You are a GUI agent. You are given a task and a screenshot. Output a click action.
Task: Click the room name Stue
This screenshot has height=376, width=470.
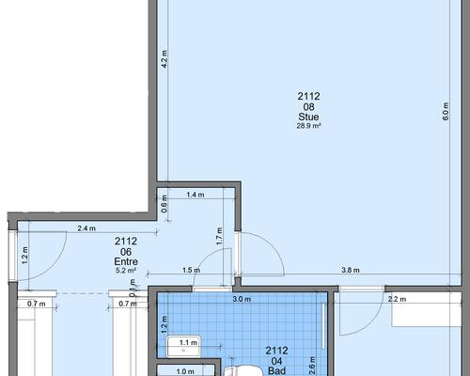pos(308,117)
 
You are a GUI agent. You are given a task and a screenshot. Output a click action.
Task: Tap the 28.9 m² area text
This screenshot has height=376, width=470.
pos(308,126)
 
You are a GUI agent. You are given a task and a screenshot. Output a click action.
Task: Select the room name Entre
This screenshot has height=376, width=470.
pos(126,261)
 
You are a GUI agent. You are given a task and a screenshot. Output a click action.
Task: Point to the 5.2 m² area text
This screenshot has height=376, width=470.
pos(126,270)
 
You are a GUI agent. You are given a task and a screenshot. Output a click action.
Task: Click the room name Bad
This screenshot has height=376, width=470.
pos(277,371)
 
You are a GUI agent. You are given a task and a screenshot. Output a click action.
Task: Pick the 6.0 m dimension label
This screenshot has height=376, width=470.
pos(446,111)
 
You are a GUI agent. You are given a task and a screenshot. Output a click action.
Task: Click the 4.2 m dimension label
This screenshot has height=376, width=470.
pos(164,58)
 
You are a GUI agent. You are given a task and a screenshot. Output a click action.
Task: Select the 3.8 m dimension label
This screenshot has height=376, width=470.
pos(351,270)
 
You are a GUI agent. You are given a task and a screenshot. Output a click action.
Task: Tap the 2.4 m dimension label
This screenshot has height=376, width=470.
pos(86,228)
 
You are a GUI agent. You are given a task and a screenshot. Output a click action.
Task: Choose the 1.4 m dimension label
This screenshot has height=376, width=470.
pos(196,195)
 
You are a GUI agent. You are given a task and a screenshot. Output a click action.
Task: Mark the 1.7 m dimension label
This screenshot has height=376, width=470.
pos(219,236)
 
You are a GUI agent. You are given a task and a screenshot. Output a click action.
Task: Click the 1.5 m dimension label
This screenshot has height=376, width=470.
pos(191,270)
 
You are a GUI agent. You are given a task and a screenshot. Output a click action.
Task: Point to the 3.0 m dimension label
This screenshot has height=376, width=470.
pos(242,299)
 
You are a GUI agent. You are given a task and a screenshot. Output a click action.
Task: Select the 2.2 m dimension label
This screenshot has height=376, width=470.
pos(397,299)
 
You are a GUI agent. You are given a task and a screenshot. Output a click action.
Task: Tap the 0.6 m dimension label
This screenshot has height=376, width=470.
pos(164,204)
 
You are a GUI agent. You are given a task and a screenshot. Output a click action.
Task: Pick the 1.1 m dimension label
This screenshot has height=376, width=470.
pos(188,343)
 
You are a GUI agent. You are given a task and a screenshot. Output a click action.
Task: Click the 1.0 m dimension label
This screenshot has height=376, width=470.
pos(185,371)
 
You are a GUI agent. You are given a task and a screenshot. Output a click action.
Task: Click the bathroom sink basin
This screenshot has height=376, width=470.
pos(183,346)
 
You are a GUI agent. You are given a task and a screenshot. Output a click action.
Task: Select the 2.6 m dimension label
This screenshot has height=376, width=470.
pos(312,366)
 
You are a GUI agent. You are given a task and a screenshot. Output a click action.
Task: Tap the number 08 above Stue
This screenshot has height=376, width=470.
pos(308,107)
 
